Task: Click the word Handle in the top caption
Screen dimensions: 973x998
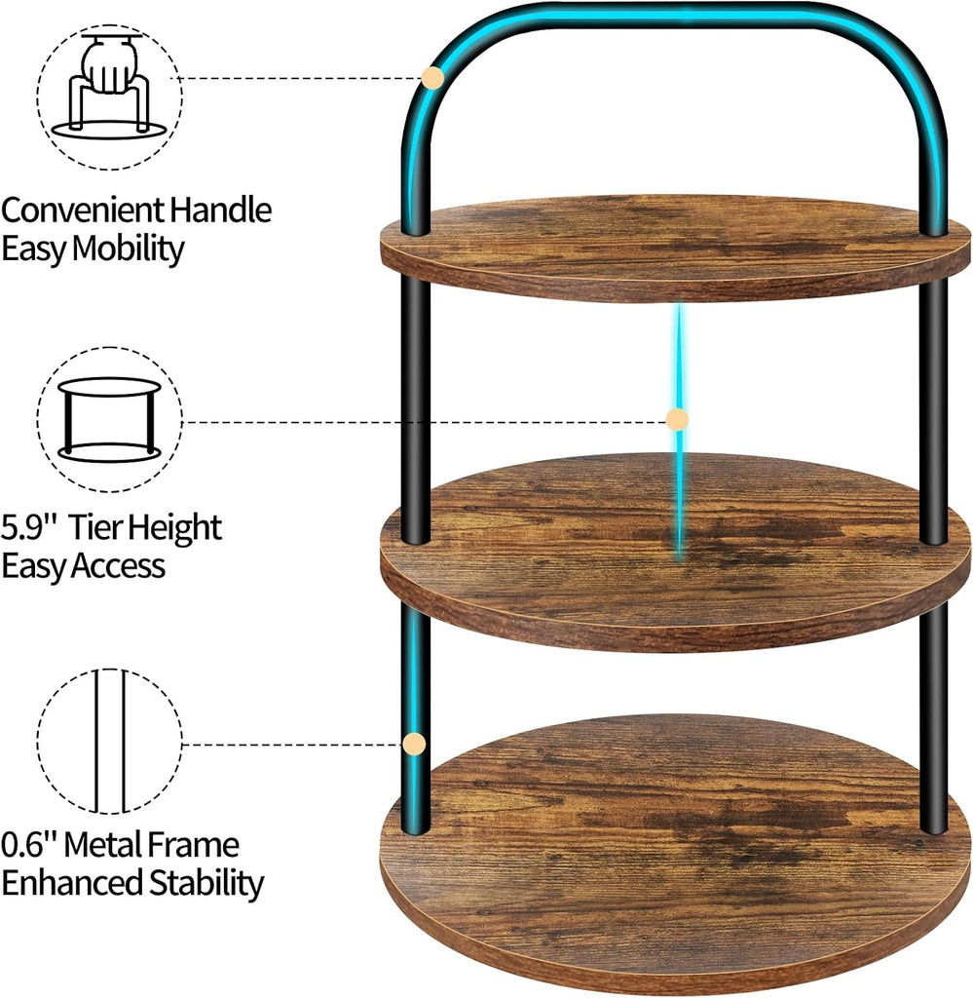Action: tap(221, 210)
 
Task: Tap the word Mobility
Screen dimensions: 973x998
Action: tap(128, 249)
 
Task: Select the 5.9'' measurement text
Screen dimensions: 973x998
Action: tap(29, 527)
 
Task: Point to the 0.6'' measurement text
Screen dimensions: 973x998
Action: tap(29, 845)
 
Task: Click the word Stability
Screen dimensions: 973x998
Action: tap(206, 883)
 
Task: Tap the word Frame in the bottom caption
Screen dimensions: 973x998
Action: tap(193, 845)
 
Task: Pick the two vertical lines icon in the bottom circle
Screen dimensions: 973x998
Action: tap(109, 742)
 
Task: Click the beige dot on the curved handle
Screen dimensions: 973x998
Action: tap(433, 78)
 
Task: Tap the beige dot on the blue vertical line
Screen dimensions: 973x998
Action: tap(677, 419)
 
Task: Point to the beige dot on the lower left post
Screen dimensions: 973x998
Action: tap(415, 744)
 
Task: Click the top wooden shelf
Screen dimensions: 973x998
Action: tap(675, 249)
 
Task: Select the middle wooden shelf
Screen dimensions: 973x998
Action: tap(675, 553)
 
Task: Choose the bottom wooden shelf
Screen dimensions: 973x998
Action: tap(675, 855)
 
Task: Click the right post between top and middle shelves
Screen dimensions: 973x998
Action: tap(934, 410)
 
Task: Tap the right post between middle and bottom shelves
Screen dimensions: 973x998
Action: tap(934, 718)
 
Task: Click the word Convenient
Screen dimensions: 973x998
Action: tap(83, 210)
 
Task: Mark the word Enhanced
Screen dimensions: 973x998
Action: tap(72, 883)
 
